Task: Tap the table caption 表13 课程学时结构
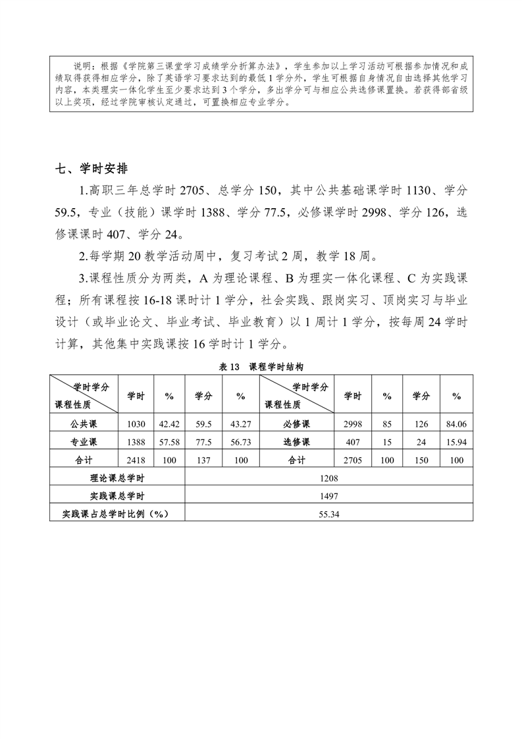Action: click(260, 367)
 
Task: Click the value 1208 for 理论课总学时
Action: click(328, 479)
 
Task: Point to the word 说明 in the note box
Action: click(82, 67)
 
